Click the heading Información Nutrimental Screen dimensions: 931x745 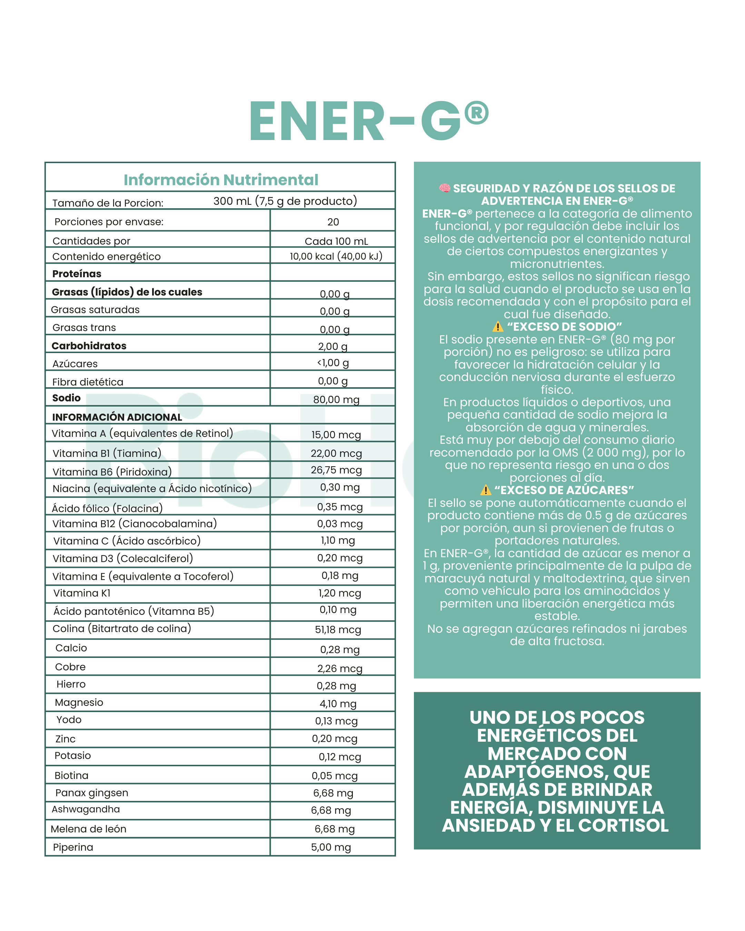tap(221, 180)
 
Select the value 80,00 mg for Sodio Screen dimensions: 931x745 tap(336, 399)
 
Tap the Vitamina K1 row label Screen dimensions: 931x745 tap(82, 593)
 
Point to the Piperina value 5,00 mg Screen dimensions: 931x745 tap(331, 847)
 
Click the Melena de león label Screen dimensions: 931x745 tap(89, 829)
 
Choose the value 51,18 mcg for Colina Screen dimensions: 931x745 tap(338, 629)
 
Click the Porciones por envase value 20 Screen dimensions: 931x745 tap(333, 222)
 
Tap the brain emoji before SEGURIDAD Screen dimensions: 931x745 tap(444, 188)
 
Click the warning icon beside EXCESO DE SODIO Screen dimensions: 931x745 tap(498, 327)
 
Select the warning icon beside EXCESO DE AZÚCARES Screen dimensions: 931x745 tap(485, 490)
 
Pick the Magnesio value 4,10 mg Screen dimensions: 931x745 tap(338, 703)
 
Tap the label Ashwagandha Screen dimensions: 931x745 tap(86, 809)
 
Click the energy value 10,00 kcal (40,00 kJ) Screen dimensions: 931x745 tap(336, 256)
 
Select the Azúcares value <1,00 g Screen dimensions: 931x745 tap(333, 363)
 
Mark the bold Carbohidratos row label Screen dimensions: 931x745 tap(89, 346)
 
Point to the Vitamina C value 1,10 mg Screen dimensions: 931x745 tap(338, 540)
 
